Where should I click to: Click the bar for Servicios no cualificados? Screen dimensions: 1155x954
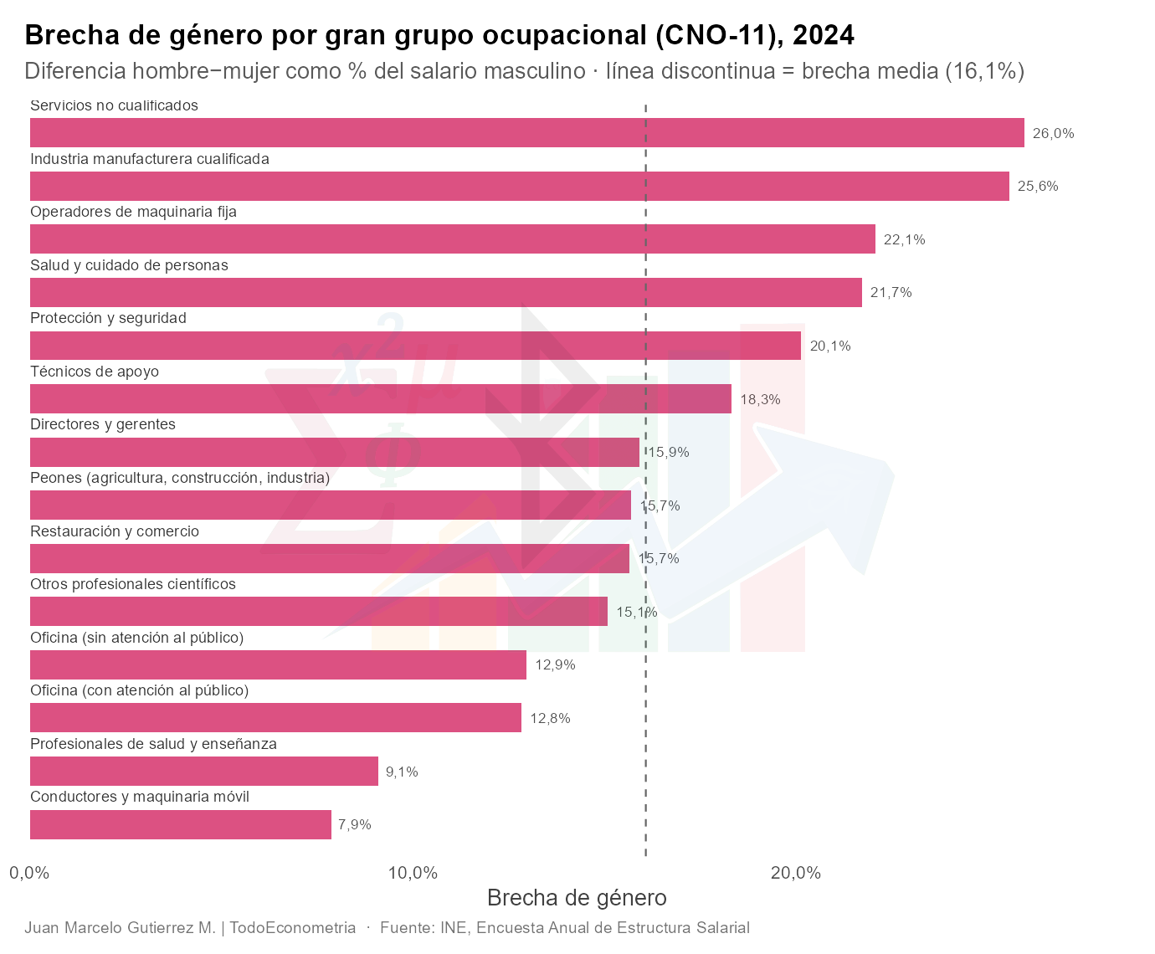526,133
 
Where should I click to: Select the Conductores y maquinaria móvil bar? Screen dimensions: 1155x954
181,824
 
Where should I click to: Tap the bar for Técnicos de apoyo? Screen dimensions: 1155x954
381,398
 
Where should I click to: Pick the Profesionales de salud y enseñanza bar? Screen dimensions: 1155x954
204,771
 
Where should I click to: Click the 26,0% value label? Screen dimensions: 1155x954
1053,133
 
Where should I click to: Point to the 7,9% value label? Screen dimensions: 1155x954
355,824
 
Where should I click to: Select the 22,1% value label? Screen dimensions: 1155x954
905,239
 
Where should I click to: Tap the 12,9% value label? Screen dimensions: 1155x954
556,664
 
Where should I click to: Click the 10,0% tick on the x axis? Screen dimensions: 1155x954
413,874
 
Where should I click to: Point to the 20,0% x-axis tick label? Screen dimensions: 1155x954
795,874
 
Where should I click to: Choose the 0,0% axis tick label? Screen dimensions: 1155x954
29,874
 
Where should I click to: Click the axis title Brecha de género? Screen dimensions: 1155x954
577,899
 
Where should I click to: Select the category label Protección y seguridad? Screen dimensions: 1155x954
108,319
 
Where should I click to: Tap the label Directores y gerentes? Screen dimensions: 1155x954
102,425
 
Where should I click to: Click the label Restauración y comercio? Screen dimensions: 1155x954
115,531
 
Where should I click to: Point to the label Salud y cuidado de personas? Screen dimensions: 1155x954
129,265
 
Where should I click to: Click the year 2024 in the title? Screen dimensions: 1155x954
824,35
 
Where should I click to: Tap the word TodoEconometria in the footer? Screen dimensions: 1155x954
293,928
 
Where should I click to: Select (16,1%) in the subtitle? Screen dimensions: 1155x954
984,71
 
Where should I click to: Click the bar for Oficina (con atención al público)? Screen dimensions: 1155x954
275,718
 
